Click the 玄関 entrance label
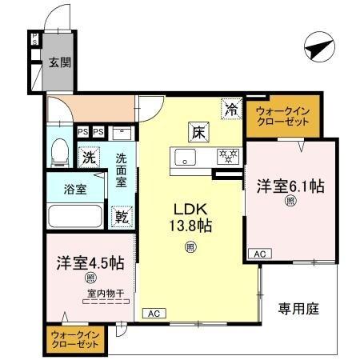tap(58, 62)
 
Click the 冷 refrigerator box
tap(232, 110)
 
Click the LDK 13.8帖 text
tap(190, 216)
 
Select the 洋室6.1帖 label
tap(290, 186)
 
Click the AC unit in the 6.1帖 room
tap(259, 253)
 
